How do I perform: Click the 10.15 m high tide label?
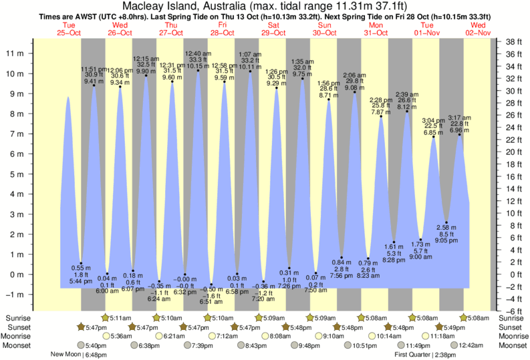[198, 66]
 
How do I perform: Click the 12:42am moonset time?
[467, 345]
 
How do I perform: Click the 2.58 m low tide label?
[446, 228]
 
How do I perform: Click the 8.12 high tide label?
[407, 106]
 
